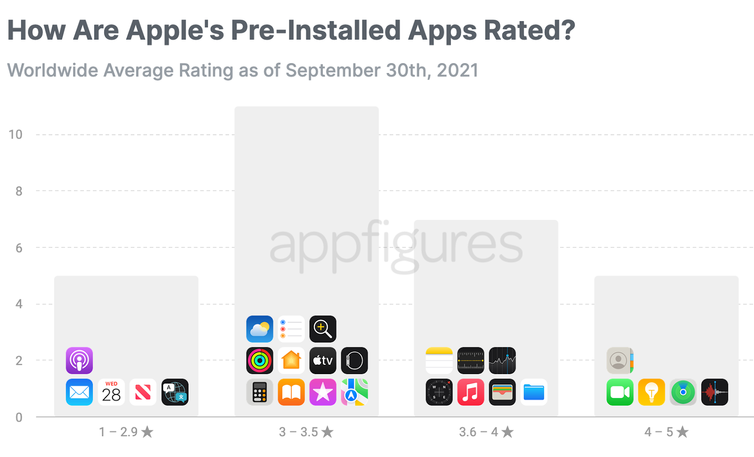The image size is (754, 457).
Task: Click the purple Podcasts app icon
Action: pyautogui.click(x=79, y=360)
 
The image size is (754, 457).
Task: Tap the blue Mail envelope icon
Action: pyautogui.click(x=79, y=392)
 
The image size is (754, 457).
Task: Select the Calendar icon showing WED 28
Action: pyautogui.click(x=111, y=392)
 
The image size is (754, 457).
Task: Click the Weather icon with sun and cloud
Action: pyautogui.click(x=260, y=329)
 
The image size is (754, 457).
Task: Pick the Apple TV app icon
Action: pyautogui.click(x=323, y=360)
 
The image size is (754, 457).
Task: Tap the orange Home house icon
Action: pyautogui.click(x=291, y=360)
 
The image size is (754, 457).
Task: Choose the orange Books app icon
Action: pyautogui.click(x=291, y=392)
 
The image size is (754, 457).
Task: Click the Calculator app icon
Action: pyautogui.click(x=260, y=392)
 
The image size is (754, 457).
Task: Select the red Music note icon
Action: pyautogui.click(x=471, y=392)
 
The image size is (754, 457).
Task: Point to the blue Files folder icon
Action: pyautogui.click(x=534, y=392)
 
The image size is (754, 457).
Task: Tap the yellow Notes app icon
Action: pyautogui.click(x=439, y=360)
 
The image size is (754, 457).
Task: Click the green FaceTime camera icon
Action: pyautogui.click(x=620, y=392)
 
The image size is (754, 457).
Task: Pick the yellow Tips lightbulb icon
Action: pyautogui.click(x=652, y=392)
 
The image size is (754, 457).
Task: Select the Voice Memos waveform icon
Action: pyautogui.click(x=715, y=392)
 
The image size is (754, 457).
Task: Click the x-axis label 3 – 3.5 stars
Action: pyautogui.click(x=306, y=432)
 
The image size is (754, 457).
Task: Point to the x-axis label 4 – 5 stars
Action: pyautogui.click(x=666, y=432)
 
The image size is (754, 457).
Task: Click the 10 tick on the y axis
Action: pyautogui.click(x=16, y=135)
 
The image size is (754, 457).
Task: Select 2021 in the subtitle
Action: pyautogui.click(x=457, y=71)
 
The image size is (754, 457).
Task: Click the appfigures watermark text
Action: pyautogui.click(x=396, y=245)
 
